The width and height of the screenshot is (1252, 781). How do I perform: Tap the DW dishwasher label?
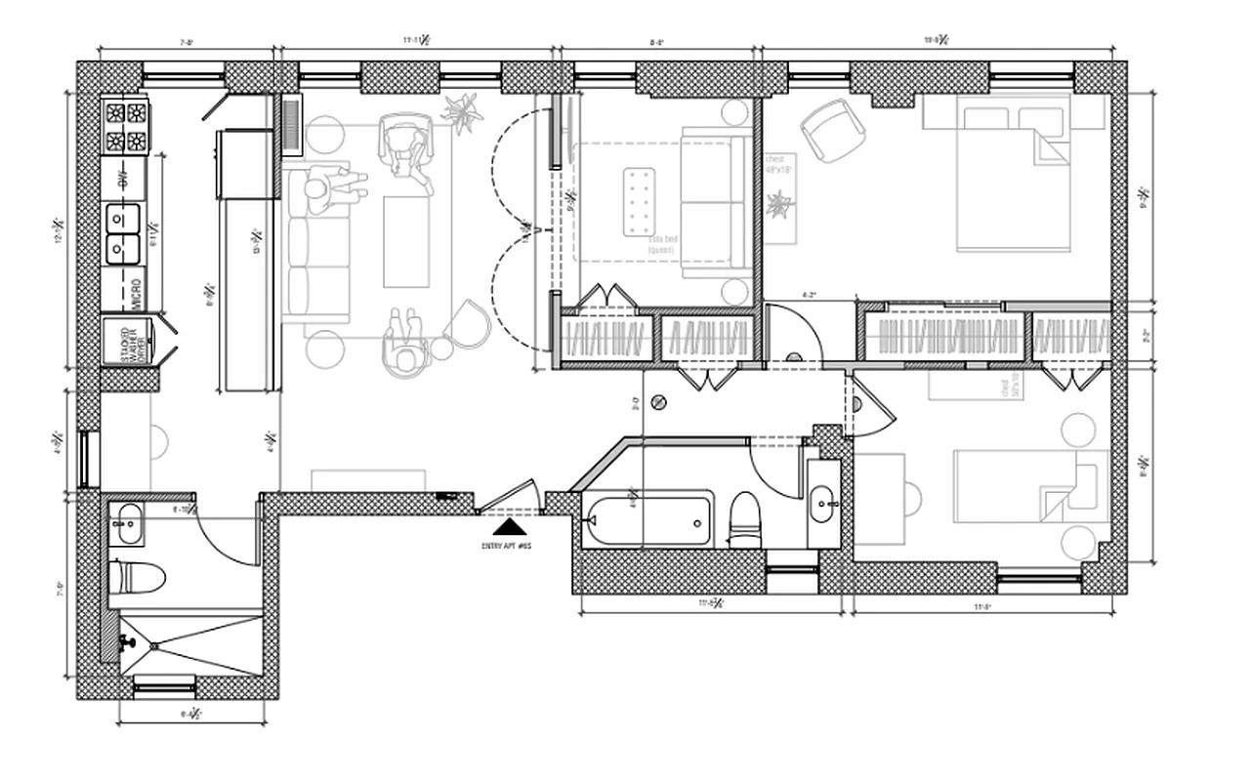click(124, 179)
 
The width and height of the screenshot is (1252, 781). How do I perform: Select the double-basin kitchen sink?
click(124, 233)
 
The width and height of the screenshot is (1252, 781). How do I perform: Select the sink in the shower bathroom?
click(127, 524)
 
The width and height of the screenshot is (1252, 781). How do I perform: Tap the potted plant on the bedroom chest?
click(781, 205)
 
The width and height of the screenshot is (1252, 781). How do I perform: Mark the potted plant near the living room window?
click(463, 110)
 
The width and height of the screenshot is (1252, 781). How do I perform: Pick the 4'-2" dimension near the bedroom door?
click(810, 293)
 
